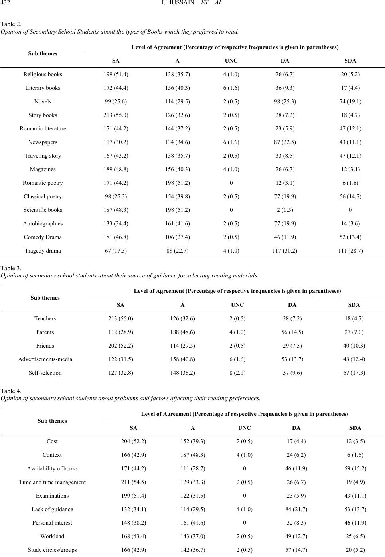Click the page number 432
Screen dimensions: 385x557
tap(5, 3)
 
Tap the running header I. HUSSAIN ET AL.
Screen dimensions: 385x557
tap(192, 3)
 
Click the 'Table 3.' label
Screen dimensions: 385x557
tap(11, 268)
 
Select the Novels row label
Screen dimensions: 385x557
tap(43, 101)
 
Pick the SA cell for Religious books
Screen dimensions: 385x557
tap(116, 74)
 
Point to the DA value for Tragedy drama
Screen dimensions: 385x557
tap(285, 251)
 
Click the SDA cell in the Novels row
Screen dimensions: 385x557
tap(350, 101)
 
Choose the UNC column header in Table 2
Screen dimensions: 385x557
tap(231, 61)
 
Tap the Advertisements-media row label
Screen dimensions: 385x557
tap(45, 359)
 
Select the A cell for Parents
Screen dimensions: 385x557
tap(183, 332)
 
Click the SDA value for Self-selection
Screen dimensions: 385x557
tap(354, 373)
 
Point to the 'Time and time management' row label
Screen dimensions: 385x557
tap(52, 482)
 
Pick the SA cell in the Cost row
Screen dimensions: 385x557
tap(134, 441)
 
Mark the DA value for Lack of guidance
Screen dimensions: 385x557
tap(296, 509)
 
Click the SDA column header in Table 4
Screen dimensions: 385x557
tap(355, 428)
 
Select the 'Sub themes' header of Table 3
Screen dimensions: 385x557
tap(45, 298)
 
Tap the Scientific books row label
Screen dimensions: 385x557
tap(43, 210)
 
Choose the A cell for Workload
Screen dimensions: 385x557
tap(193, 536)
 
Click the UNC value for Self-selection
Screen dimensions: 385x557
tap(237, 373)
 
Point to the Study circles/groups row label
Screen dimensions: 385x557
tap(52, 550)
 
